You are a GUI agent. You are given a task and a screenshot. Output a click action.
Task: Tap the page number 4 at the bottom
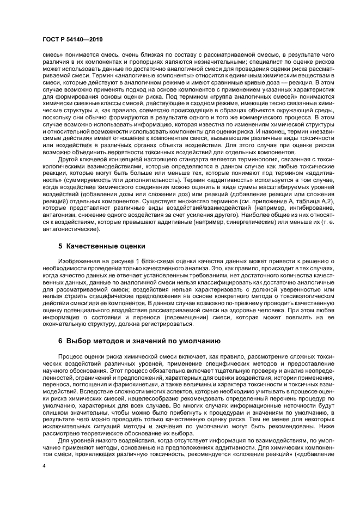pos(44,466)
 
